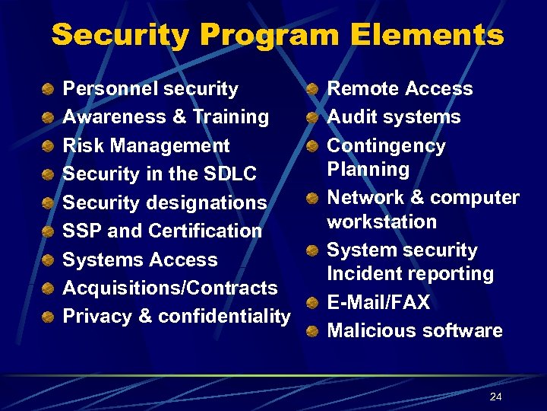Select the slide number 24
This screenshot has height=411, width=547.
pos(496,397)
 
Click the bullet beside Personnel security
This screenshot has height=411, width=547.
pos(49,90)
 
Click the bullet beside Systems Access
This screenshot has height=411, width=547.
pos(49,261)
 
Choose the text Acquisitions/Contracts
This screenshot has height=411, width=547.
pos(170,288)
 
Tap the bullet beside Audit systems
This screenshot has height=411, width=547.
pos(312,118)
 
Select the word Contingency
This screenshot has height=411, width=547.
pos(386,146)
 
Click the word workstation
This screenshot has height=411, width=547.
pos(381,222)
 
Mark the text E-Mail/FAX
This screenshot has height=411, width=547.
pos(378,303)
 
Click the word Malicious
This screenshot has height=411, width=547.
pos(364,331)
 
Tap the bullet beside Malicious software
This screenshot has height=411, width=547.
pos(312,332)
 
